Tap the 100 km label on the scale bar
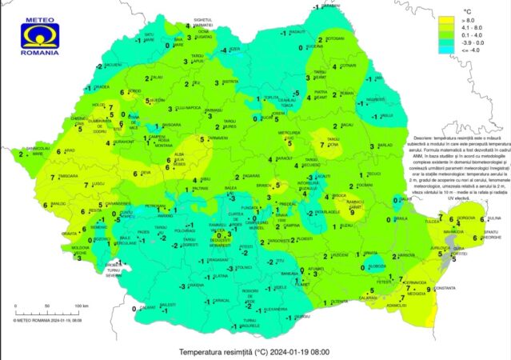point(79,306)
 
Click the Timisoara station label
point(68,175)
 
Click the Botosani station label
point(334,38)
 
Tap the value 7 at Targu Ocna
point(323,144)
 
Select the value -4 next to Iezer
point(225,50)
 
